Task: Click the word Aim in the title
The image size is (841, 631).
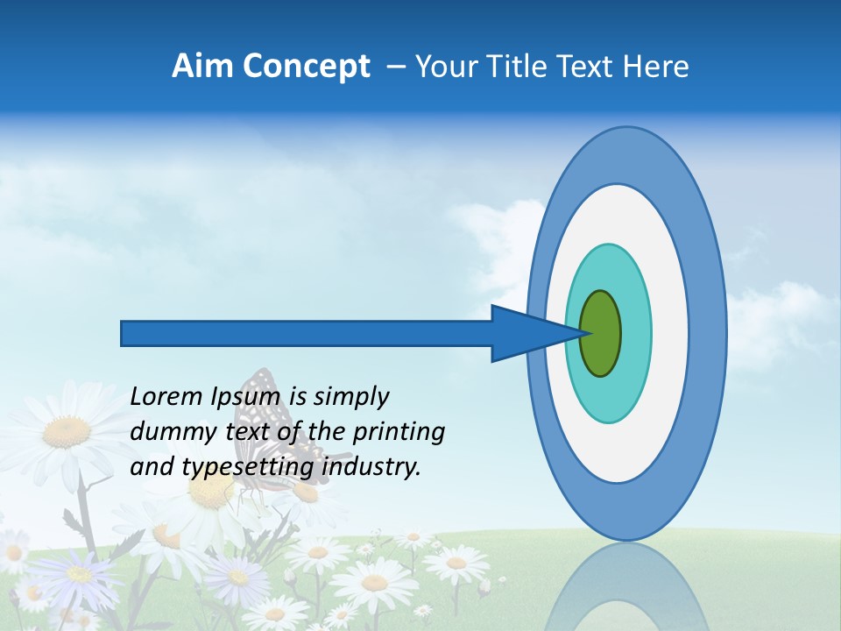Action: coord(202,67)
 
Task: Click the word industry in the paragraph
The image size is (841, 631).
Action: coord(372,467)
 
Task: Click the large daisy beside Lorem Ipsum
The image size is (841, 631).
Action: coord(66,429)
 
